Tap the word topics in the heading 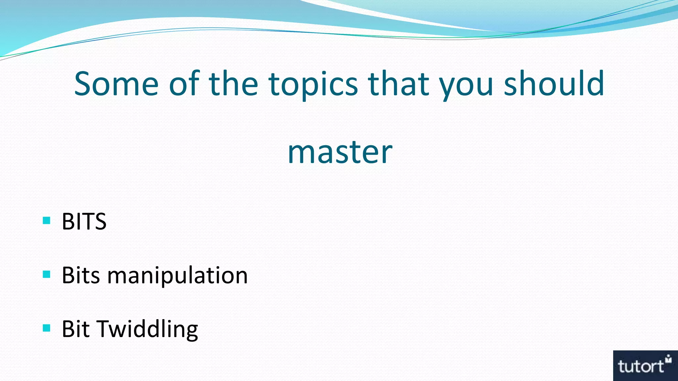click(x=313, y=84)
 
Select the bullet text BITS click(x=84, y=221)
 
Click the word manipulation click(x=177, y=275)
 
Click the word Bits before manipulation click(x=81, y=275)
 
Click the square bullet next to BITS click(x=47, y=220)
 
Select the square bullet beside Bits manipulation click(x=47, y=274)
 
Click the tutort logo click(x=645, y=365)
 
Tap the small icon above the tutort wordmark click(x=668, y=358)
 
